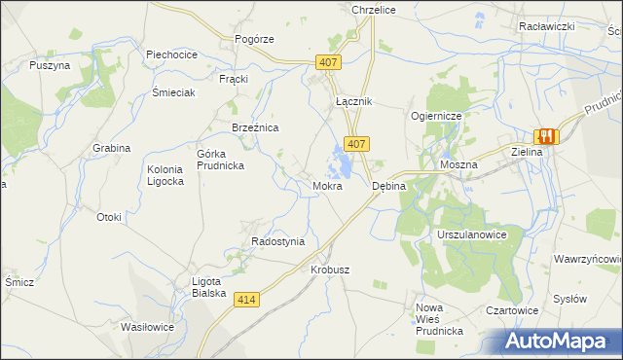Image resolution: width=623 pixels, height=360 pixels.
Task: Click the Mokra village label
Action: [x=327, y=185]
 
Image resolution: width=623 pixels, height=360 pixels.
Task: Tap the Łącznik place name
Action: [x=354, y=101]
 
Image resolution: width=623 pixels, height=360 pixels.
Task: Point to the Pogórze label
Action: [x=255, y=39]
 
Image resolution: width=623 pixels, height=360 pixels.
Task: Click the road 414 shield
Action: [x=247, y=301]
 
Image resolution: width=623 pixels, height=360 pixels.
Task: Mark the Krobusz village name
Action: [x=330, y=270]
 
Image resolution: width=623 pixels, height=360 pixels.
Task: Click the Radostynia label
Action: [x=278, y=241]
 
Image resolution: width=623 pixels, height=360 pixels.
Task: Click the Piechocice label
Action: [x=171, y=54]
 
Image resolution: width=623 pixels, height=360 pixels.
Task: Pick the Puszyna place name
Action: [x=50, y=65]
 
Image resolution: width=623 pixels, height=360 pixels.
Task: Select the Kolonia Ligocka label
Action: [x=165, y=176]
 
